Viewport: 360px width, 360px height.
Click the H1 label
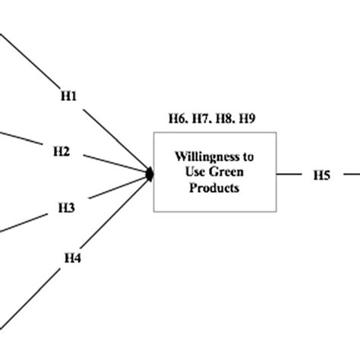coord(68,96)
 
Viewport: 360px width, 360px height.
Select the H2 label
coord(62,152)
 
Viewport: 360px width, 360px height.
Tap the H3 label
coord(66,207)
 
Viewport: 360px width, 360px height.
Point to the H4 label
coord(71,258)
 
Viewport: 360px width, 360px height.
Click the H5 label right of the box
coord(321,175)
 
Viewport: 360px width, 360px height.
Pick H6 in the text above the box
coord(178,118)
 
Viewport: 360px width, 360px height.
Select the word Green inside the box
coord(232,172)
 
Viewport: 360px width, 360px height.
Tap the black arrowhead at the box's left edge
coord(150,175)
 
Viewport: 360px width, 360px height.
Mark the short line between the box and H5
coord(289,175)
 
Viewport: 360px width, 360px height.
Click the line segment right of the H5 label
coord(351,175)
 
